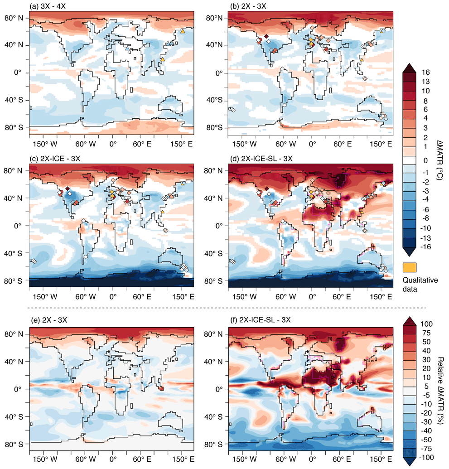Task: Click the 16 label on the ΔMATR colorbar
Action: [x=426, y=73]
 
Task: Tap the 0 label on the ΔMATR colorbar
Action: [x=425, y=160]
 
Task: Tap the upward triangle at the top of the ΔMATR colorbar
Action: [x=410, y=68]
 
